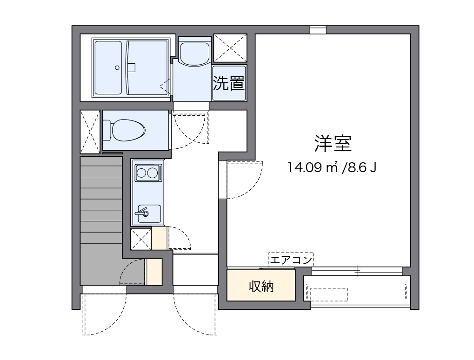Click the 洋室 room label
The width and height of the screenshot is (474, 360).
[x=333, y=144]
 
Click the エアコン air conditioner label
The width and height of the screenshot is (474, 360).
[x=291, y=260]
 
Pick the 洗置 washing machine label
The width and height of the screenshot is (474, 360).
[x=229, y=83]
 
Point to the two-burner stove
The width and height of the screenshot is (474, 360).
[x=147, y=173]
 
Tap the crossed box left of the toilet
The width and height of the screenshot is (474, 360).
[x=90, y=131]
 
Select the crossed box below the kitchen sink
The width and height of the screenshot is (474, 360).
[x=140, y=240]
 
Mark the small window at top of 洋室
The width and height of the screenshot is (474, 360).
[x=318, y=30]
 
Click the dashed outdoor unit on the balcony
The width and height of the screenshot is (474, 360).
[x=328, y=294]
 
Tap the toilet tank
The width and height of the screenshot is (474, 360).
[x=107, y=130]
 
